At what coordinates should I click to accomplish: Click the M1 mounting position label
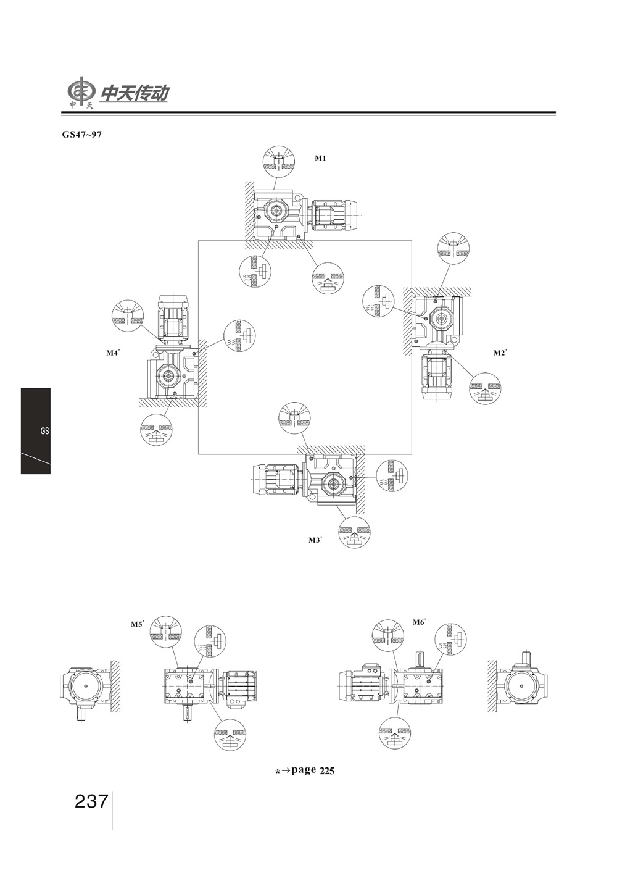[320, 158]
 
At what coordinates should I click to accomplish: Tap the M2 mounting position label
[500, 353]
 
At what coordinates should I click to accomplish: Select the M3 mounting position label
[315, 540]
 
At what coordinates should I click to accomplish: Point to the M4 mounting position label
[114, 353]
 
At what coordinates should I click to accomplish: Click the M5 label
[137, 624]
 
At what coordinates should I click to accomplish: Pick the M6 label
[420, 622]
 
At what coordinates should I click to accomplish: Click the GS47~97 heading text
[82, 135]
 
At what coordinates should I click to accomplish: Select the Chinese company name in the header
[135, 94]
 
